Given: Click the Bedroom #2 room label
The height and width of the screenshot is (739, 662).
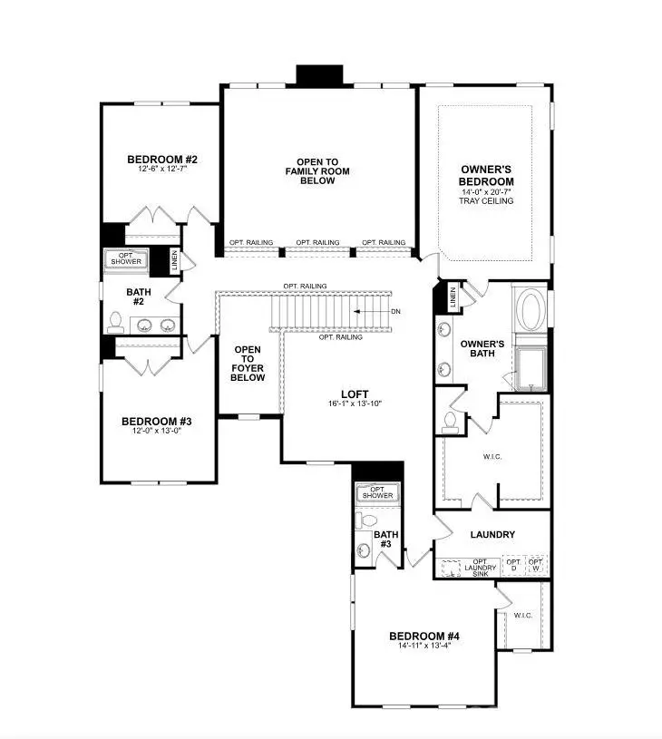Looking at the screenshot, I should click(x=162, y=160).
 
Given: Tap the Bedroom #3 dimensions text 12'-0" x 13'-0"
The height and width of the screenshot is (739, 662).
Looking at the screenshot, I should click(x=156, y=432).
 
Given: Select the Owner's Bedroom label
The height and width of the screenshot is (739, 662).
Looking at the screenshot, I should click(x=487, y=175).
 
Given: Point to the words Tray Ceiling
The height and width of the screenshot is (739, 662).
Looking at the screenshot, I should click(x=487, y=201).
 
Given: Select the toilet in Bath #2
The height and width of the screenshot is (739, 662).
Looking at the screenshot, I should click(x=116, y=320).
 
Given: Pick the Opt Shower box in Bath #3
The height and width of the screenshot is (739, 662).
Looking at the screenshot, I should click(x=378, y=491).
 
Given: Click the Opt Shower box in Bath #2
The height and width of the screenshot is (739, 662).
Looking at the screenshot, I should click(x=125, y=258).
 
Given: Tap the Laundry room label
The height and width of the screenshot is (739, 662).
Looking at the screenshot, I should click(x=493, y=535).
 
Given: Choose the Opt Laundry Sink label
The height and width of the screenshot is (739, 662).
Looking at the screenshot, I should click(x=481, y=567).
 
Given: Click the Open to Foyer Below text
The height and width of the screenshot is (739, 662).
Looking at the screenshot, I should click(x=248, y=364).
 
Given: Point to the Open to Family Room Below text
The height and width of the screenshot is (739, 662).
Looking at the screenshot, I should click(x=317, y=171).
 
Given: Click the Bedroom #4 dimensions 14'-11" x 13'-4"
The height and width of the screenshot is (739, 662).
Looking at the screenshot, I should click(x=419, y=646).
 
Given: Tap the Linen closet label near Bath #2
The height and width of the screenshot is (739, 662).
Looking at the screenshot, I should click(x=174, y=258).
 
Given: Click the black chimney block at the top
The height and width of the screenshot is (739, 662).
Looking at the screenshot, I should click(x=320, y=74).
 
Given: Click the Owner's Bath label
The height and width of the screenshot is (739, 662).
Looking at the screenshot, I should click(x=482, y=350).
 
